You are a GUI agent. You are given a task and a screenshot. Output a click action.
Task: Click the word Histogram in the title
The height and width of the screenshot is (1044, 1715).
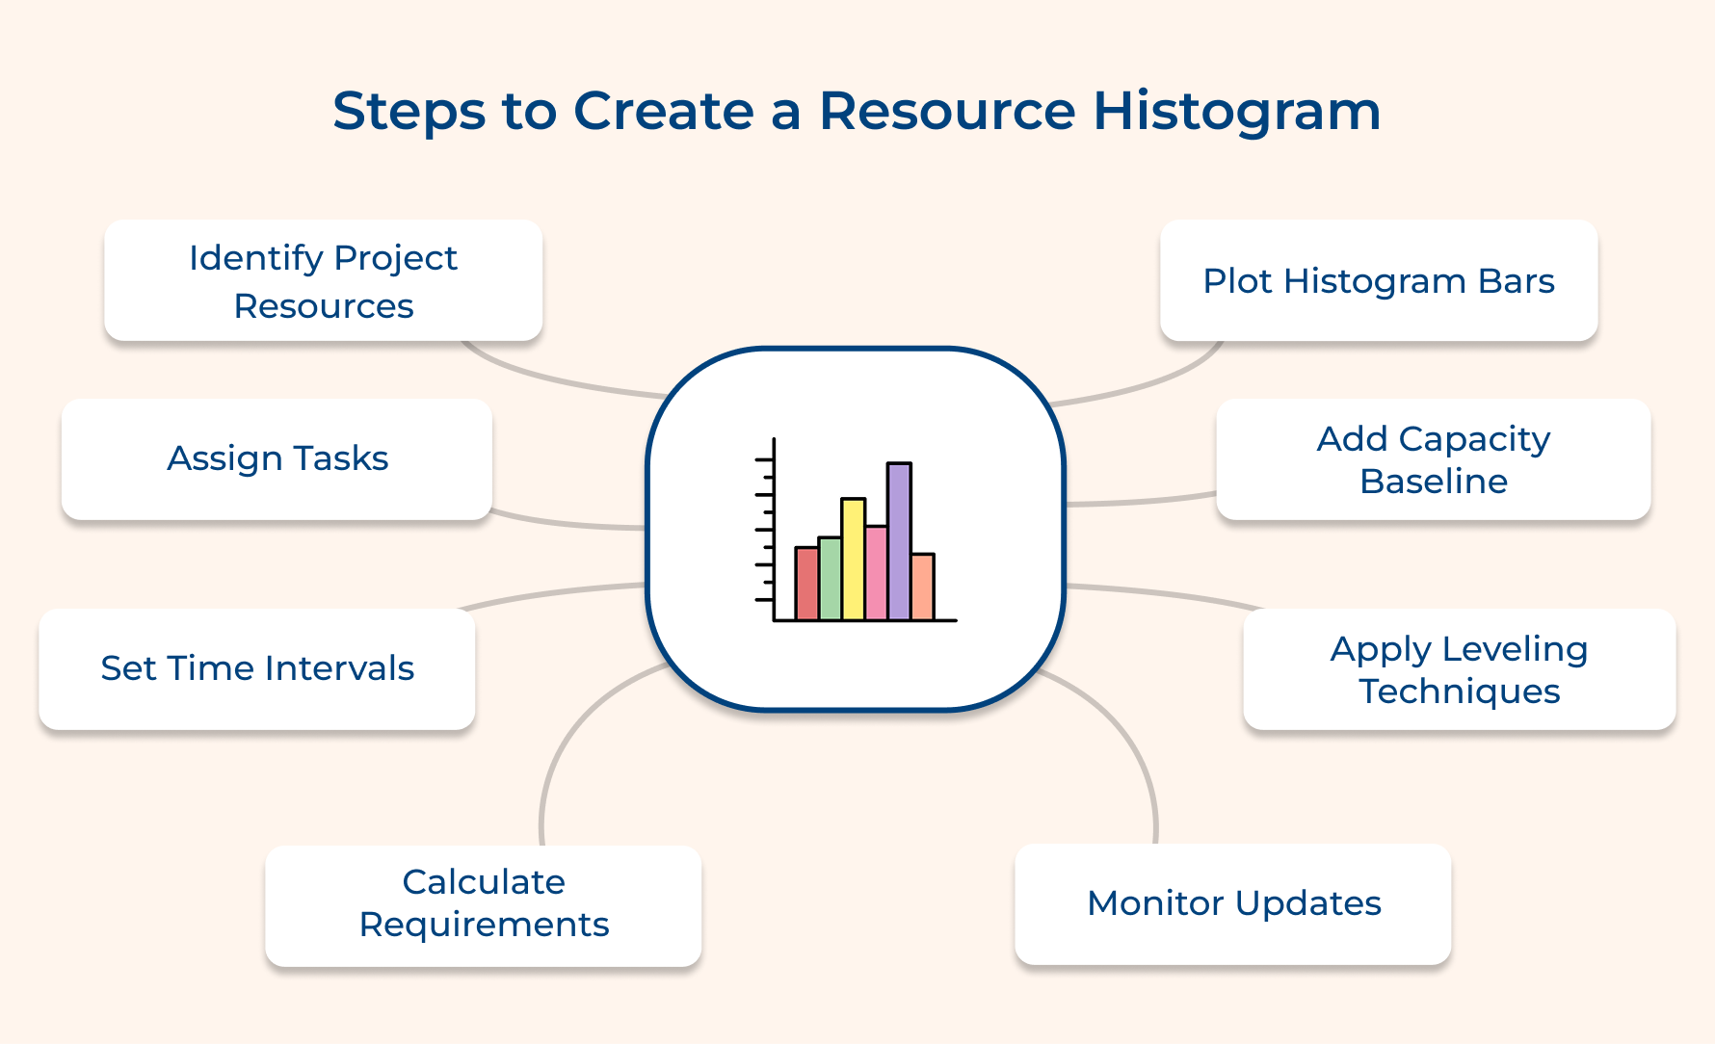coord(1236,111)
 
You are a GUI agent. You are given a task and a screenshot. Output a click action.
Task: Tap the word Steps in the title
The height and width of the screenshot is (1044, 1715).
coord(409,111)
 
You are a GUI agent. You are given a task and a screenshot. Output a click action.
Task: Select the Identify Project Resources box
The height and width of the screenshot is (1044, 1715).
coord(323,280)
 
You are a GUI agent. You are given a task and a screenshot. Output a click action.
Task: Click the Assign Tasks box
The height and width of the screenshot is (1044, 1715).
coord(277,458)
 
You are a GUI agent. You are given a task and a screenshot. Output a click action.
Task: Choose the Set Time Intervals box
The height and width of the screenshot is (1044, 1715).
coord(257,668)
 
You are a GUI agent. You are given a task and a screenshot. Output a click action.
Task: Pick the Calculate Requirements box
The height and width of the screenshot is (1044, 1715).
coord(484,903)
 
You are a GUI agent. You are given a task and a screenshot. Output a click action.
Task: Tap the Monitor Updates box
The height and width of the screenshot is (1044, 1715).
coord(1233,903)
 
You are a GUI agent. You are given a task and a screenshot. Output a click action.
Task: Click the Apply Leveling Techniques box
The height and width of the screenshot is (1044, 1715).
coord(1459,669)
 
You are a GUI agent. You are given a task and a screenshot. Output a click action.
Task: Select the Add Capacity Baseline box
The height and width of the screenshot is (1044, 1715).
coord(1433,459)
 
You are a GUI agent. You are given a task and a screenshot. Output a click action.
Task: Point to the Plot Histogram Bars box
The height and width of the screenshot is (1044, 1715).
coord(1378,280)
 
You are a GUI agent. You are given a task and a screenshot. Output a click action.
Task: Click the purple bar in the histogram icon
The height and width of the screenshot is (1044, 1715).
coord(899,541)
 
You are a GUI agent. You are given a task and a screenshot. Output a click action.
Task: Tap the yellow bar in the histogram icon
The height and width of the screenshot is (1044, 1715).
coord(853,559)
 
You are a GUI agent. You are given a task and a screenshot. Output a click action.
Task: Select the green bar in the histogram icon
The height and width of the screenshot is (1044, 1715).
coord(830,578)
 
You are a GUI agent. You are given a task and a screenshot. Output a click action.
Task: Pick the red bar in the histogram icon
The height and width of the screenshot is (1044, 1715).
coord(806,583)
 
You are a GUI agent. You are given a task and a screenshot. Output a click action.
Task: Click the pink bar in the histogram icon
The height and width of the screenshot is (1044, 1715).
coord(876,573)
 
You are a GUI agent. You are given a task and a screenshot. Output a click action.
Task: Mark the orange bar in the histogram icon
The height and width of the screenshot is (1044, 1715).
coord(922,587)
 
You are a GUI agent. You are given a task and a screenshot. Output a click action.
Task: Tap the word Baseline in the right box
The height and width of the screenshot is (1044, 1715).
coord(1433,482)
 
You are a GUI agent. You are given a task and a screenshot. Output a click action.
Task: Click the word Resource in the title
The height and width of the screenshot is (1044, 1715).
coord(946,111)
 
